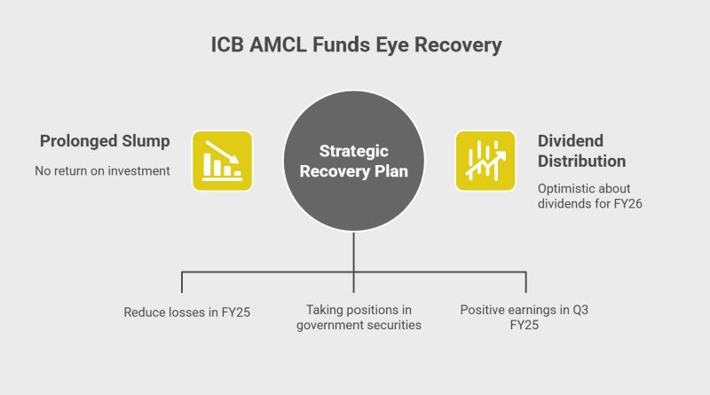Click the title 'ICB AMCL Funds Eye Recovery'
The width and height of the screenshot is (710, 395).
coord(357,45)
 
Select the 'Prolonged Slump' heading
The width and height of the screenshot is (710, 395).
coord(105,141)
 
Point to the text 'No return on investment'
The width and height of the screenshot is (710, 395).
coord(102,170)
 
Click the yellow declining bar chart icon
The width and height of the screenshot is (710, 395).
coord(223,161)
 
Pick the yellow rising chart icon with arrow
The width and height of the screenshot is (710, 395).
coord(485,161)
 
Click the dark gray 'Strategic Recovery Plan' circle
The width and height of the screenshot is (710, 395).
coord(353,161)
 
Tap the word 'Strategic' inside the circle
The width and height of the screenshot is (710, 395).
coord(353,151)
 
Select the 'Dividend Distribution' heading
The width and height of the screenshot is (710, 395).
coord(582,151)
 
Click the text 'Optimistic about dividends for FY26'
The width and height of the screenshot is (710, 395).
coord(590,195)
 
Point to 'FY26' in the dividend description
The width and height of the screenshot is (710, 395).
coord(628,203)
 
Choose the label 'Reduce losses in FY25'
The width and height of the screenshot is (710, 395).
coord(187,312)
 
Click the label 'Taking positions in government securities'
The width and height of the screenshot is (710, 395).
coord(359,317)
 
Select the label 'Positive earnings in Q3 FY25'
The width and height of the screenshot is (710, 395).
coord(525,317)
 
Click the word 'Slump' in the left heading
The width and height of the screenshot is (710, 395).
coord(146,141)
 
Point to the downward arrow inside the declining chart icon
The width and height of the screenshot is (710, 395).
coord(222,152)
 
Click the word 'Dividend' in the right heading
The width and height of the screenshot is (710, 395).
coord(571,141)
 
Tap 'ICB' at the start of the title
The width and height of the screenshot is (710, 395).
coord(227,45)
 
